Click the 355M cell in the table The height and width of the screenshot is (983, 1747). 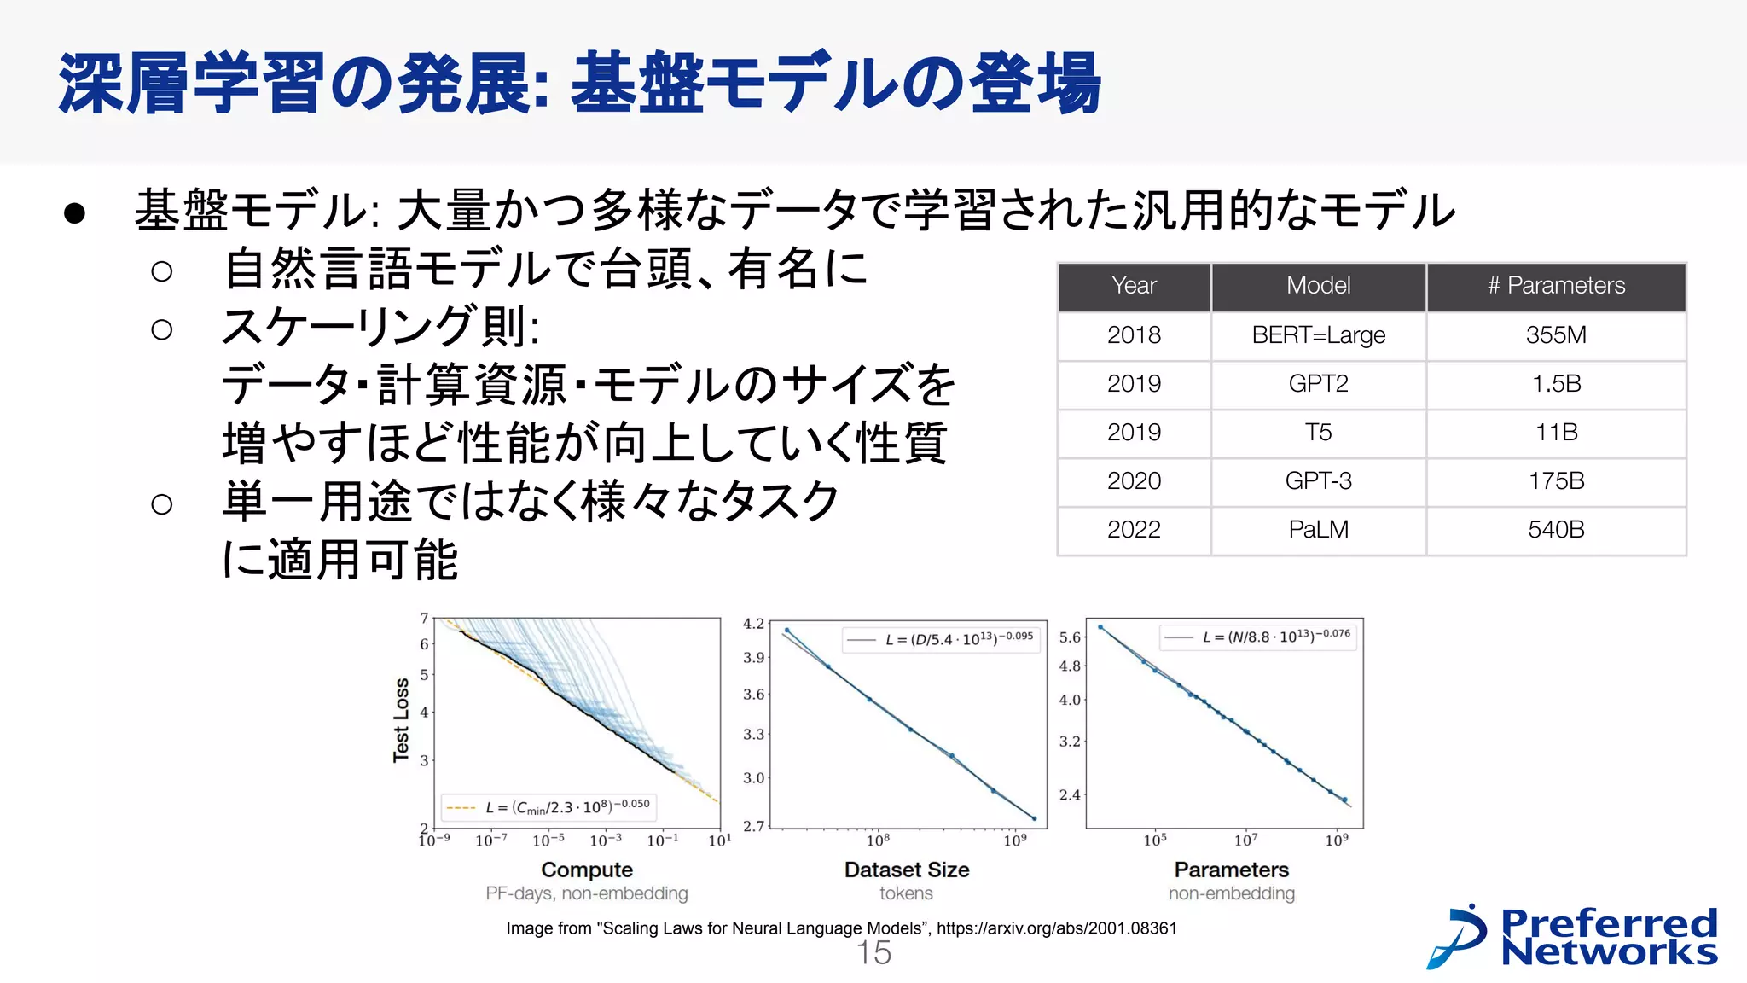[1556, 335]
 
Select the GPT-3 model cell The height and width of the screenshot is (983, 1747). [1318, 481]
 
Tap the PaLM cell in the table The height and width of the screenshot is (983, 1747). [1318, 530]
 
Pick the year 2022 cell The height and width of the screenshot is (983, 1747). [1134, 530]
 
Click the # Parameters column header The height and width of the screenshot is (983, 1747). [1556, 286]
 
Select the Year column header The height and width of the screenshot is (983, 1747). [1134, 286]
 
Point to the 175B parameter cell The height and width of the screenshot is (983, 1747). [1556, 481]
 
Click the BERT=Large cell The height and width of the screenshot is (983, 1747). [1318, 335]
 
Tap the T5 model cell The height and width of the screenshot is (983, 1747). [1318, 433]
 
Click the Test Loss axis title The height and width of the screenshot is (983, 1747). [401, 719]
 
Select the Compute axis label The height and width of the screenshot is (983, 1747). [587, 870]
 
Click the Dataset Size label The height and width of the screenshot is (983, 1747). [907, 870]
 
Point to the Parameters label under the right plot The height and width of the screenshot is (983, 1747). [1231, 870]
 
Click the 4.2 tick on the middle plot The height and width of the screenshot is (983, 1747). [753, 624]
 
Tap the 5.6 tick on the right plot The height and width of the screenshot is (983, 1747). [1070, 637]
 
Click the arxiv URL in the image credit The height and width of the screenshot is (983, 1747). [1056, 928]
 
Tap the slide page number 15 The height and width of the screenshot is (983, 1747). [873, 953]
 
